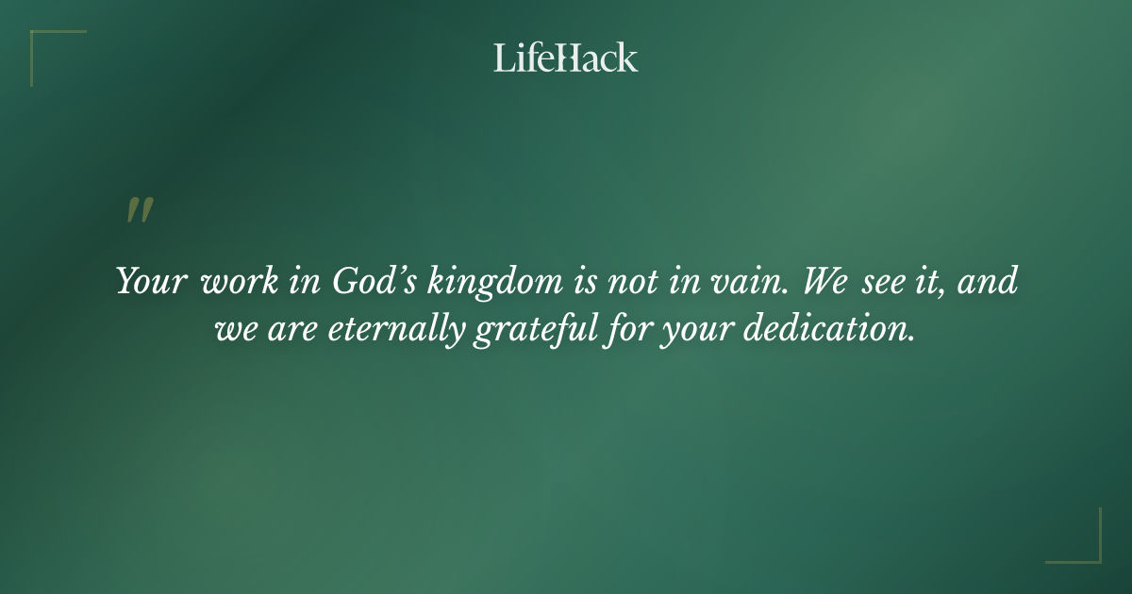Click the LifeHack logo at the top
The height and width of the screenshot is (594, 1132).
tap(565, 58)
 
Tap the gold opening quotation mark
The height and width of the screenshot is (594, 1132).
tap(139, 211)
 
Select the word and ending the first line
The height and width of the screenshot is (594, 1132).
tap(989, 282)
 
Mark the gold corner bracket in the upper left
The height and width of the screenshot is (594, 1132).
tap(42, 42)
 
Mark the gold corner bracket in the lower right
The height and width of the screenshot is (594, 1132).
tap(1089, 551)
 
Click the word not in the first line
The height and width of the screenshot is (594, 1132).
tap(641, 282)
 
